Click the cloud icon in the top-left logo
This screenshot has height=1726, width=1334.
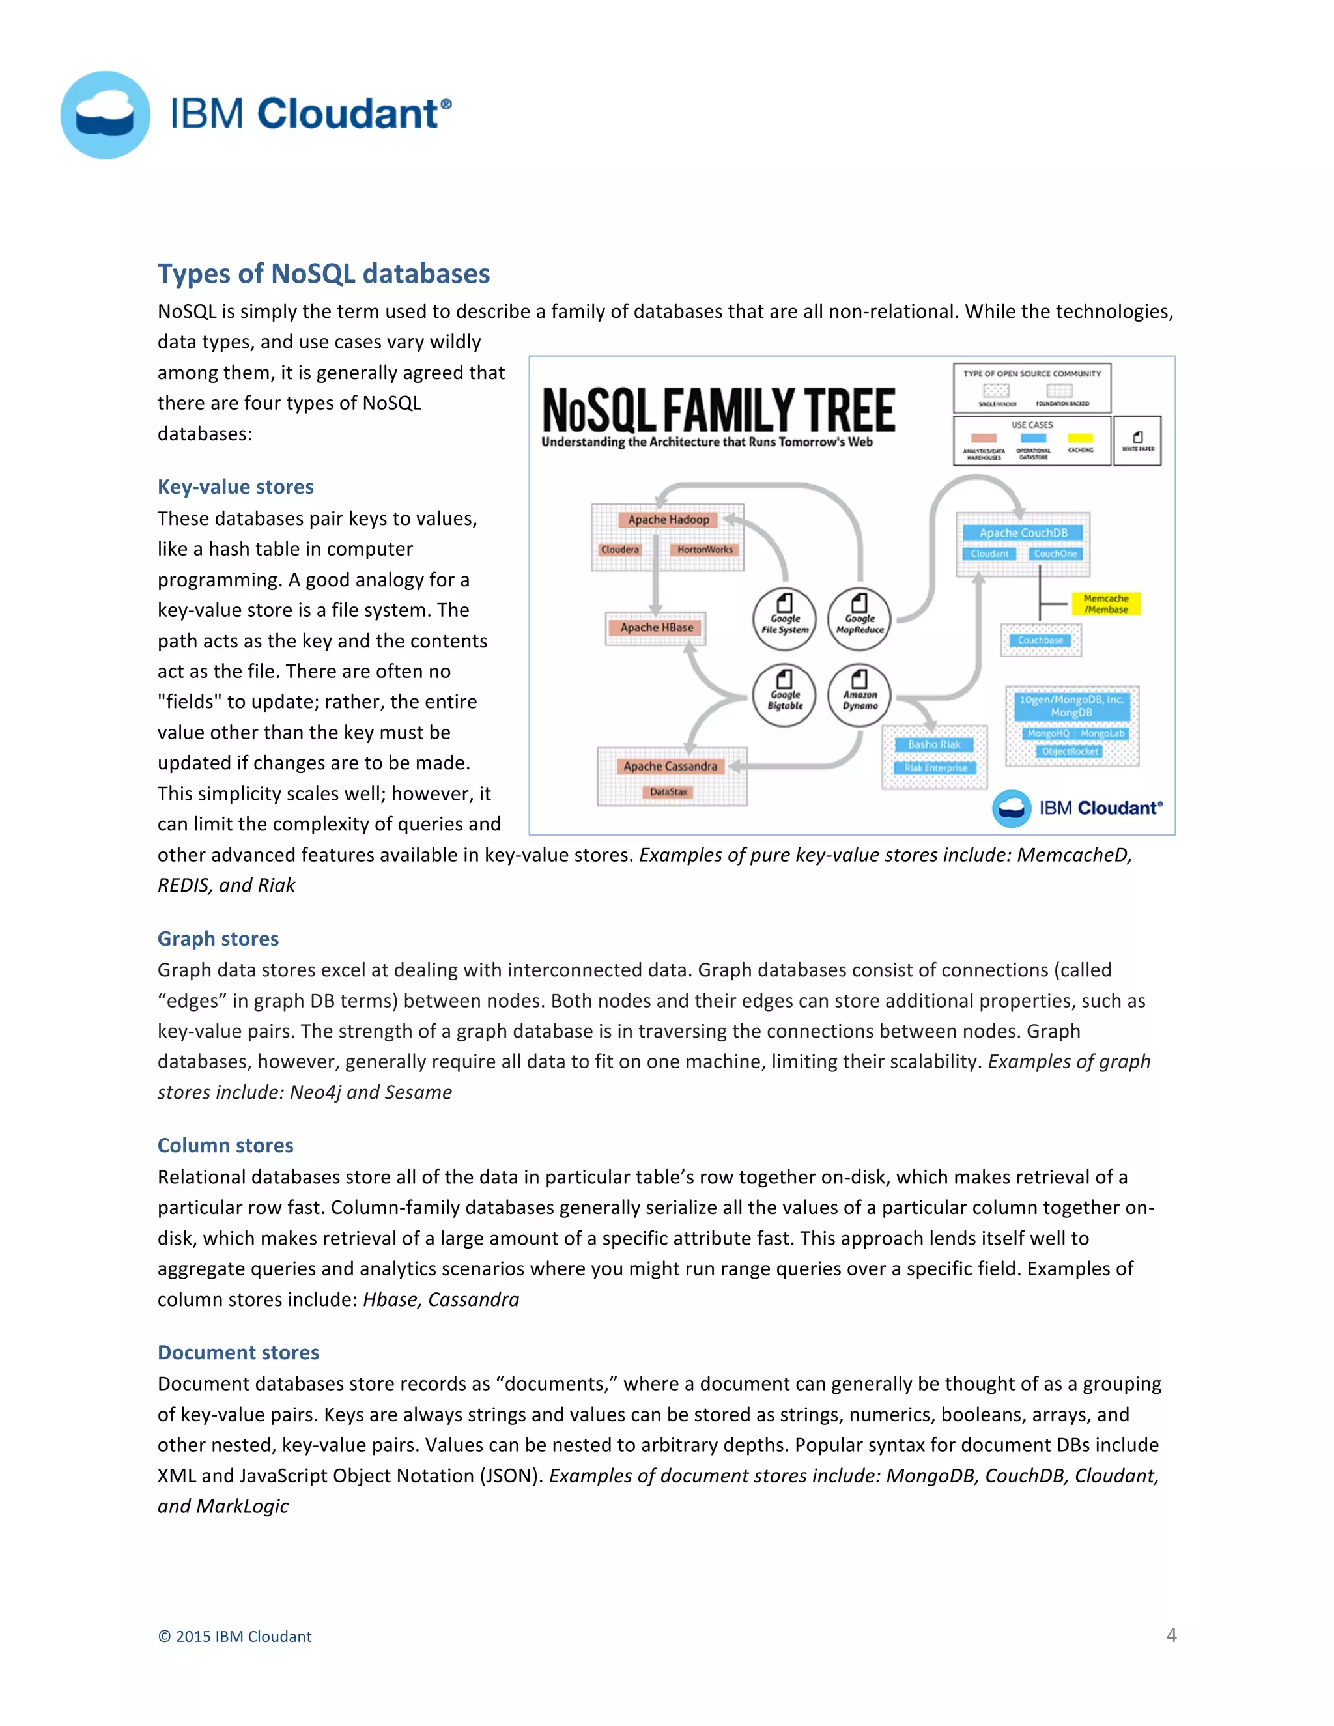(x=105, y=115)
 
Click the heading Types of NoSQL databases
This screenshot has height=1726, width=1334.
(x=323, y=274)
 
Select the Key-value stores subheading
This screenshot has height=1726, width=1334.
(x=236, y=487)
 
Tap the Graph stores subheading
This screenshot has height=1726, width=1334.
(x=218, y=939)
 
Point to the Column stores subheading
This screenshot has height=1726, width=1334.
(x=225, y=1145)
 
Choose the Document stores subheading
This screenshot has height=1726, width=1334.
(x=238, y=1352)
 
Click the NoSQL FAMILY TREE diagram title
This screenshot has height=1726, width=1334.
(x=718, y=410)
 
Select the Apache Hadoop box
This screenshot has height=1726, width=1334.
(x=668, y=519)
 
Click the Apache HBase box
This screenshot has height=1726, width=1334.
(x=656, y=627)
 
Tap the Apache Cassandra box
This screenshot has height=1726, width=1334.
(x=670, y=766)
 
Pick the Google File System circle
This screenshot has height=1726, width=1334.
(x=784, y=619)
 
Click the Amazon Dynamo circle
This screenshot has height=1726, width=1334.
(x=859, y=695)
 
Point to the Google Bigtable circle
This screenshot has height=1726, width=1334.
(x=784, y=695)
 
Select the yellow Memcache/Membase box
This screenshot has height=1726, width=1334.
(x=1105, y=604)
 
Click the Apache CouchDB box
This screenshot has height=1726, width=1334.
(x=1023, y=533)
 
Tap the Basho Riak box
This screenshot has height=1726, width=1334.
(x=934, y=744)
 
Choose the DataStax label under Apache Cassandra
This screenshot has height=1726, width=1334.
(x=668, y=792)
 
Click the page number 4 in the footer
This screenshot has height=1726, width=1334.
(x=1171, y=1635)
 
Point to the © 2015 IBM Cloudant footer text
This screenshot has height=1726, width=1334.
(x=234, y=1637)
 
